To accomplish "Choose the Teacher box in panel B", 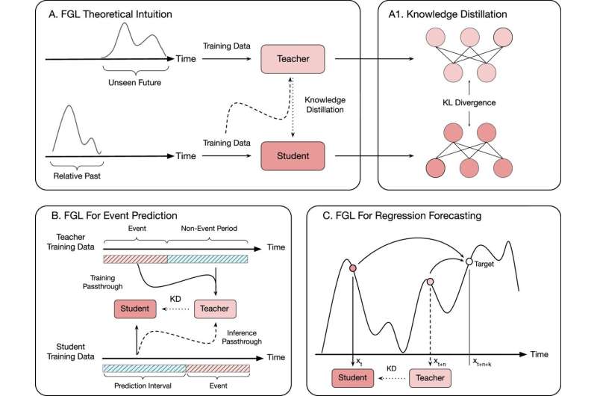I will click(x=215, y=308).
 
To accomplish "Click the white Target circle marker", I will click(x=469, y=262).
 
